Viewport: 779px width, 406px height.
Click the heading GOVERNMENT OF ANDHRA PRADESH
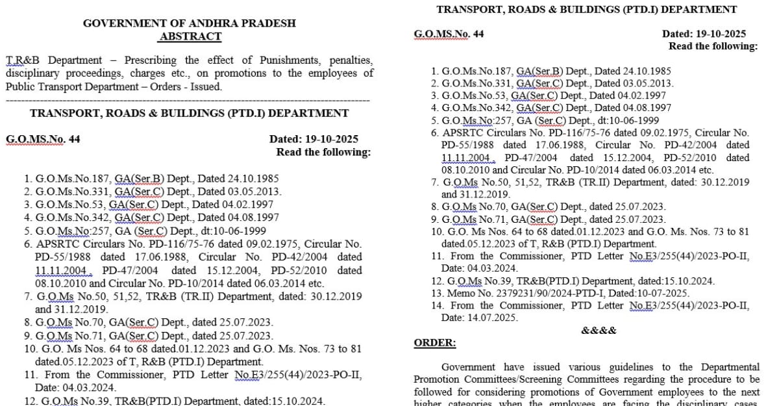tap(190, 23)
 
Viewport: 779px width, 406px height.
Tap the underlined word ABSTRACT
tap(190, 36)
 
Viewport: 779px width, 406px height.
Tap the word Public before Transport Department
tap(21, 86)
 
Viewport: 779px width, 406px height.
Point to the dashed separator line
tap(188, 100)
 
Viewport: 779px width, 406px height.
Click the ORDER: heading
tap(435, 343)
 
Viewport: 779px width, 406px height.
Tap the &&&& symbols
tap(599, 330)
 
